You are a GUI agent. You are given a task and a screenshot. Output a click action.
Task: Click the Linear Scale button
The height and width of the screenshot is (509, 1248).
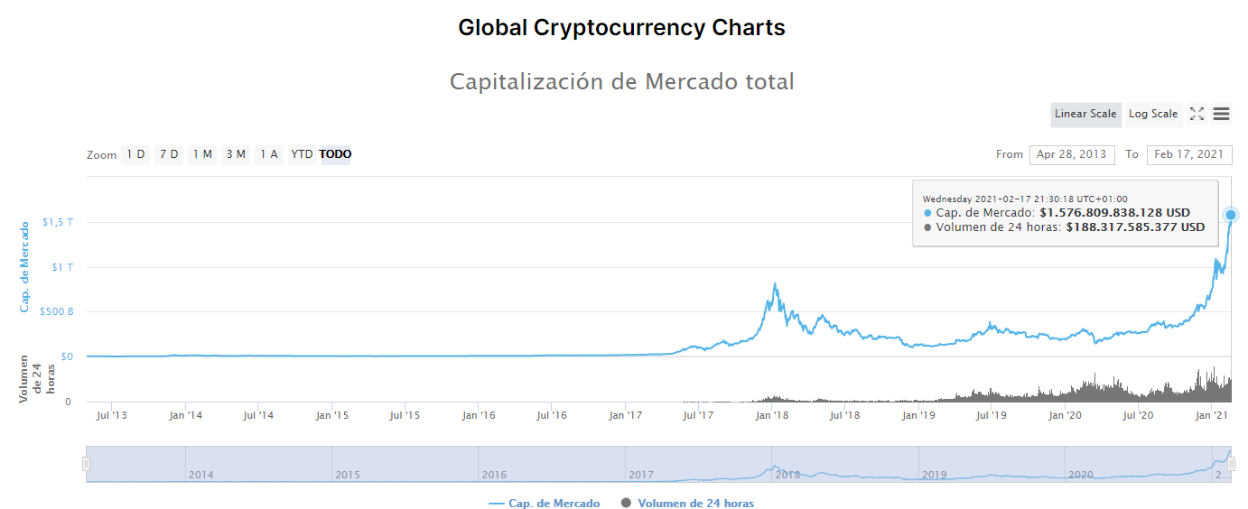1085,114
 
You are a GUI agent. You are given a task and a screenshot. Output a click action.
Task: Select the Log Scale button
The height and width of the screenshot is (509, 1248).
1153,114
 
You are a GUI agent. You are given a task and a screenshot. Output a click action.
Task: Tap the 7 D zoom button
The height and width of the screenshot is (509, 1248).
169,154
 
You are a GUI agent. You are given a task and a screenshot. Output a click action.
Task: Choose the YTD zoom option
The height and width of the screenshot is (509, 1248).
302,154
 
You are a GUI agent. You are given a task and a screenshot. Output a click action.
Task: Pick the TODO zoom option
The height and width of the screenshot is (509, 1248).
335,154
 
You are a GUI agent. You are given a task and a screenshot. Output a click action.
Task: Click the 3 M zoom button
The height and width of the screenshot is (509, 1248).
236,154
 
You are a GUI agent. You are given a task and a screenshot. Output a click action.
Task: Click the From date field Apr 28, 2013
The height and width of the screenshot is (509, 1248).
1072,154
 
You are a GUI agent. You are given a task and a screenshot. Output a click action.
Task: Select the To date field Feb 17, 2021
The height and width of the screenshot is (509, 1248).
1189,154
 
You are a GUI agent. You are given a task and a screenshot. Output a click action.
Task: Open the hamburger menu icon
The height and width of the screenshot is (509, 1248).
1221,114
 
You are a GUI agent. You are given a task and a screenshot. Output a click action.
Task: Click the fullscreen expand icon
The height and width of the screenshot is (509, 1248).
1197,114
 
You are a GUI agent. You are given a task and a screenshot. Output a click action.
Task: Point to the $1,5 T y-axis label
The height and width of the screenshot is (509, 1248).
58,222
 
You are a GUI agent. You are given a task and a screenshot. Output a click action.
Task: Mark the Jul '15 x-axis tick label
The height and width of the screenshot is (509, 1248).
405,415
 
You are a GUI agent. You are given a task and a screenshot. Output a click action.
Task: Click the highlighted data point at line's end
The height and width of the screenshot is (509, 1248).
1231,215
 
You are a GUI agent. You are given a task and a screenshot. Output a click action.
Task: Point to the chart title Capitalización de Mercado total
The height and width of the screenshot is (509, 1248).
622,82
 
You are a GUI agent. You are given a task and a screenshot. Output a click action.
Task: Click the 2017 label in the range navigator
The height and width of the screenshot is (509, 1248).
641,475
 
